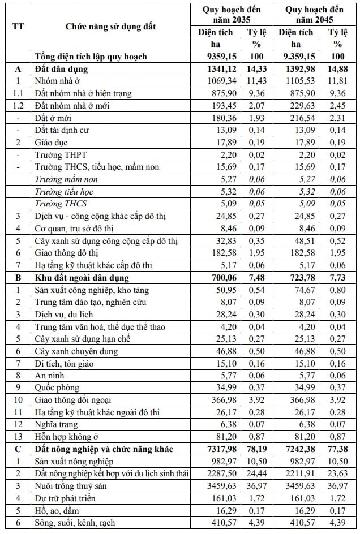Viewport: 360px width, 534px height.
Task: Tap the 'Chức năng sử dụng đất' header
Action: coord(110,26)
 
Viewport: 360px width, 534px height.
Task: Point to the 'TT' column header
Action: coord(18,26)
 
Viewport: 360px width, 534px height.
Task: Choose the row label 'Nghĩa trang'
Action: coord(56,424)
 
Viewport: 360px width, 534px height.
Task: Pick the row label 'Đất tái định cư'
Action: coord(62,130)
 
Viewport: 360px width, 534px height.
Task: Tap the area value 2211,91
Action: coord(301,473)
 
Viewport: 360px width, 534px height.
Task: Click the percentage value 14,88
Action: coord(338,69)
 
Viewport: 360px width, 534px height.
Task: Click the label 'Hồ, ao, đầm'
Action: coord(59,510)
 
